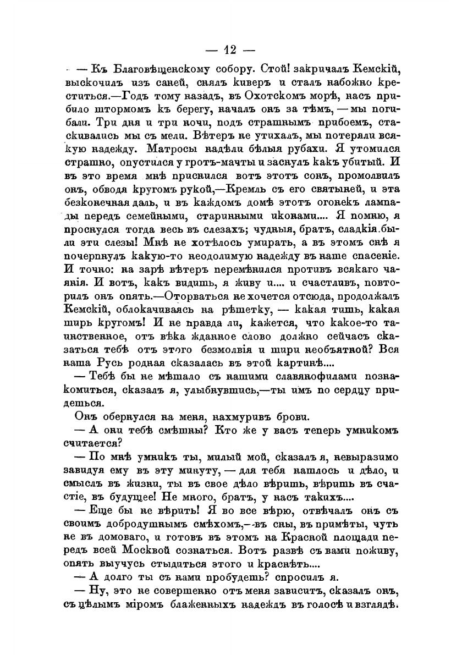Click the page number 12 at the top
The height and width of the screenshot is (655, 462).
point(231,50)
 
